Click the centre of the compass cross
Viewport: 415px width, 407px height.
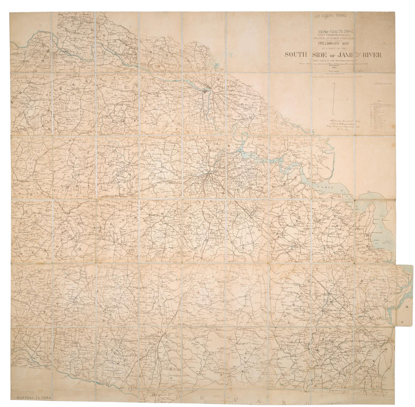[333, 98]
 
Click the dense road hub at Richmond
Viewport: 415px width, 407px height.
[205, 91]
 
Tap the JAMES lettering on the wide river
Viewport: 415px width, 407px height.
[324, 186]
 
